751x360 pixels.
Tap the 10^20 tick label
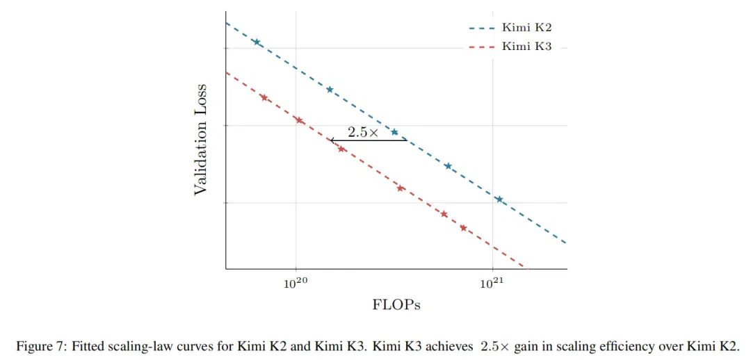click(296, 283)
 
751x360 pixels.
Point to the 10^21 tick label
click(492, 283)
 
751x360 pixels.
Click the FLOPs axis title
click(396, 305)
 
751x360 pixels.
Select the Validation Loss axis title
click(201, 140)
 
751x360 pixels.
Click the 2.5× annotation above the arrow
click(362, 133)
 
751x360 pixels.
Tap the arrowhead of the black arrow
click(331, 140)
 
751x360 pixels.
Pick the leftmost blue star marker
click(257, 42)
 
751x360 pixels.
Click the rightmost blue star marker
click(499, 199)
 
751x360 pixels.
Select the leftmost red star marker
click(264, 98)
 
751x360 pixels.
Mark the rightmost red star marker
click(463, 228)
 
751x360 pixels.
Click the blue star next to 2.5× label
click(395, 132)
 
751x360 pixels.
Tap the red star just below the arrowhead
click(341, 149)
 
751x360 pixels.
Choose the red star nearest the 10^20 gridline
click(299, 120)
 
